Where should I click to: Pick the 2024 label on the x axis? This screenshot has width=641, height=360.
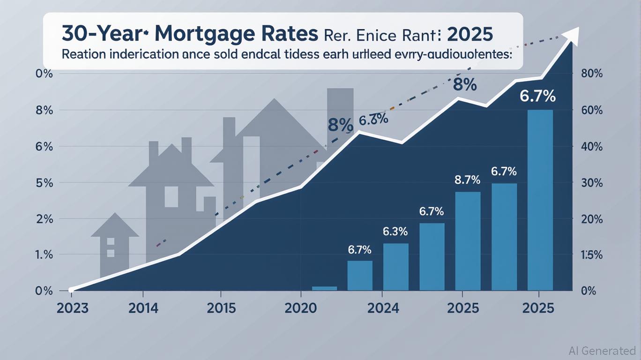383,308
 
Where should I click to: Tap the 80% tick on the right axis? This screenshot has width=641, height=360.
591,74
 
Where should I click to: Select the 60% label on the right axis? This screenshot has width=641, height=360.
591,110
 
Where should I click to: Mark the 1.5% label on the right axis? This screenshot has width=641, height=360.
591,255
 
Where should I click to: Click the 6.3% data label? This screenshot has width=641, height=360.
395,232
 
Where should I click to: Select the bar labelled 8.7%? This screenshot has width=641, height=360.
468,241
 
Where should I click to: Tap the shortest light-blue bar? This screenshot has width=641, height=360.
324,288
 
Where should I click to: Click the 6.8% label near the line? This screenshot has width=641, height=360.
373,120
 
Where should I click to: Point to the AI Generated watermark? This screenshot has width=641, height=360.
602,350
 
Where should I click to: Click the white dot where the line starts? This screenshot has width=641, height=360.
71,290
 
